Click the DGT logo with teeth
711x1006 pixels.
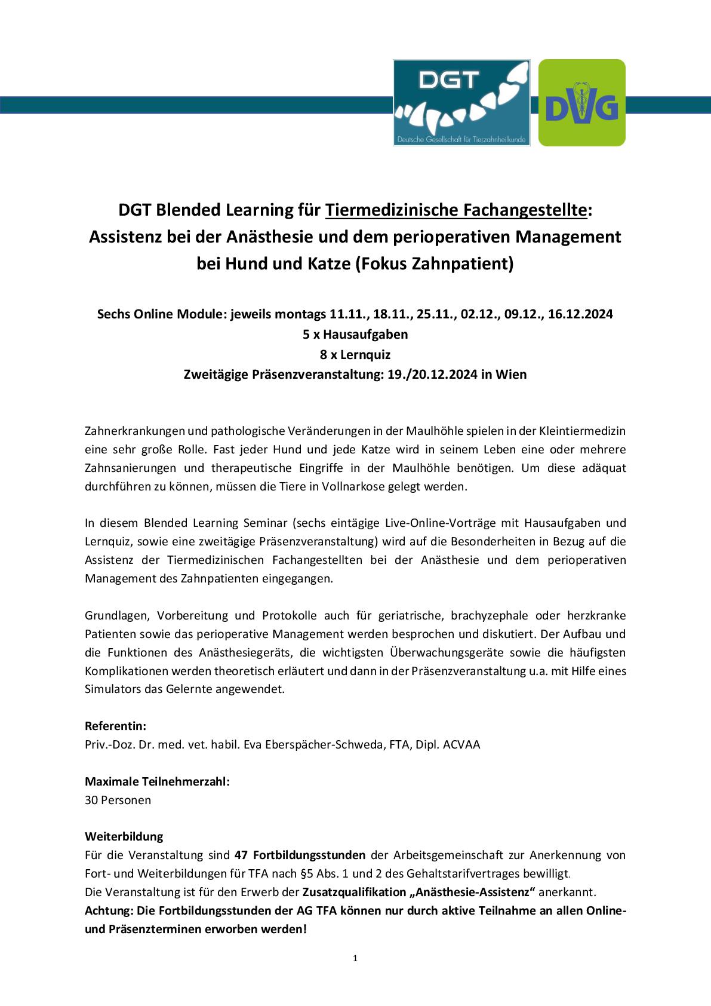pyautogui.click(x=461, y=103)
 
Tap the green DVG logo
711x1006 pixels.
pyautogui.click(x=581, y=103)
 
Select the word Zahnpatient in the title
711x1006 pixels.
pyautogui.click(x=460, y=263)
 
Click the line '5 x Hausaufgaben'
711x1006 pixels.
pyautogui.click(x=355, y=334)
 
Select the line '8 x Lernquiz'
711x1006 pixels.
pyautogui.click(x=355, y=354)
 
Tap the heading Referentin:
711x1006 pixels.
pyautogui.click(x=115, y=726)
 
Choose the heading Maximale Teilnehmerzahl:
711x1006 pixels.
pyautogui.click(x=157, y=781)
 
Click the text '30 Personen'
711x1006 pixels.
pyautogui.click(x=118, y=800)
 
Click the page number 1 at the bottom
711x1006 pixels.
pyautogui.click(x=355, y=959)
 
